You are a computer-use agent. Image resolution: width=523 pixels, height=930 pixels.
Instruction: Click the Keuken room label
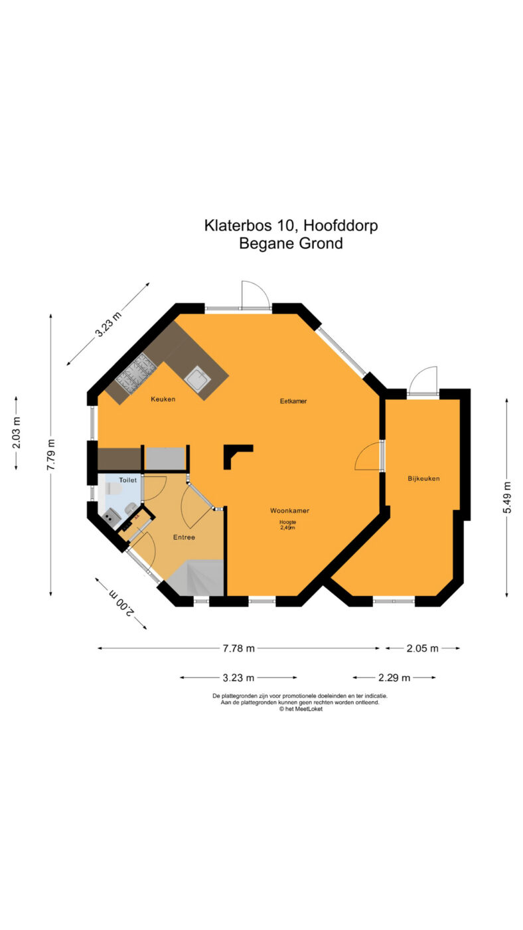click(x=163, y=399)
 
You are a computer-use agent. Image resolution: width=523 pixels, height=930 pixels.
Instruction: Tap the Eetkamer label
click(x=293, y=401)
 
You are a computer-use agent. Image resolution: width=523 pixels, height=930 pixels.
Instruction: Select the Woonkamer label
click(x=289, y=511)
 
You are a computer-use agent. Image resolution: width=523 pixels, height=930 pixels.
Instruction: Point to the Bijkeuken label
click(x=423, y=478)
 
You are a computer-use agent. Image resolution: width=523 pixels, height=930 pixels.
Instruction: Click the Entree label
click(x=184, y=537)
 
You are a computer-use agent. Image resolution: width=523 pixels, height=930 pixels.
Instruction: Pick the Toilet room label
click(x=127, y=480)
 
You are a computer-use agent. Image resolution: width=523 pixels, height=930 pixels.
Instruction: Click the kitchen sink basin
click(x=197, y=379)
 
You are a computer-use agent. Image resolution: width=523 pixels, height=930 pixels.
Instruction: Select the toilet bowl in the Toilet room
click(x=113, y=488)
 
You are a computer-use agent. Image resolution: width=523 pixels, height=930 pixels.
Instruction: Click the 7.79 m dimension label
click(x=51, y=454)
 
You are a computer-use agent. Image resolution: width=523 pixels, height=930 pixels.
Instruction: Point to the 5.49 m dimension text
click(x=507, y=498)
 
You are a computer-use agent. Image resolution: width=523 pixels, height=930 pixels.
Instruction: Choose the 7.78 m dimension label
click(x=238, y=648)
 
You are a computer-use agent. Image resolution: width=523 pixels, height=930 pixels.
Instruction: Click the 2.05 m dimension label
click(x=422, y=648)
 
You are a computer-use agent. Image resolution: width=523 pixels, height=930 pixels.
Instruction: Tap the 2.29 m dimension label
click(x=394, y=678)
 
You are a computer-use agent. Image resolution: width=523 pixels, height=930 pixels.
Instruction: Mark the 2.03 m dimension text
click(x=16, y=432)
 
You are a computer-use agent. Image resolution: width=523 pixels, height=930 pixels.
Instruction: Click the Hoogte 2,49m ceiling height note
click(x=287, y=525)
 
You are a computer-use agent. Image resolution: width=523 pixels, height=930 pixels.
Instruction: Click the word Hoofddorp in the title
click(x=340, y=225)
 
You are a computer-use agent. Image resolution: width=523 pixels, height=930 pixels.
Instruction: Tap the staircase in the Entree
click(x=196, y=578)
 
